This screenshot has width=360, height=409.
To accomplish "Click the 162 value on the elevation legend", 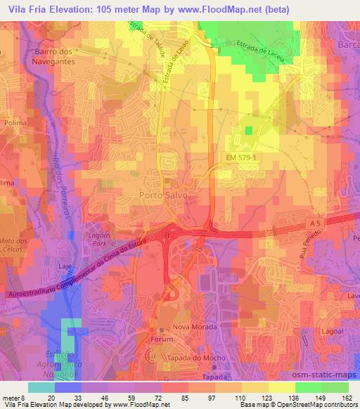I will tap(347, 397).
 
